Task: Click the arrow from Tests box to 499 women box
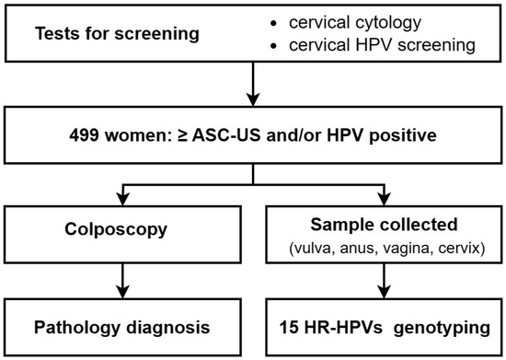[252, 88]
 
